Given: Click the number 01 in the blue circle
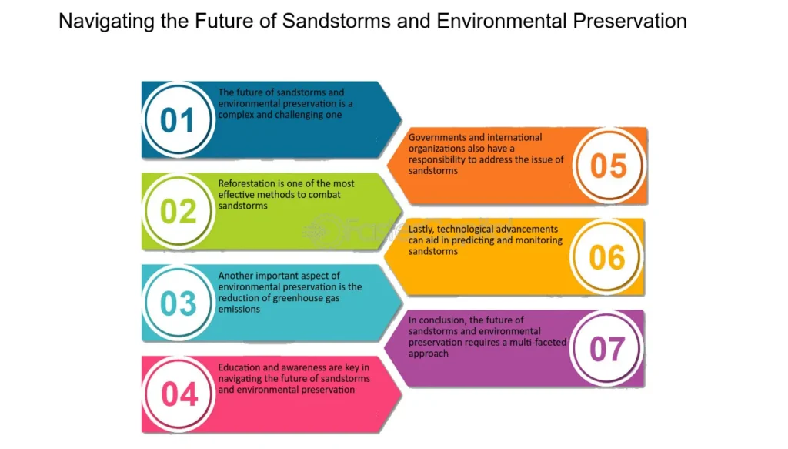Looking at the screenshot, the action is click(177, 120).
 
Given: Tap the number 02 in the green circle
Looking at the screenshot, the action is click(178, 212).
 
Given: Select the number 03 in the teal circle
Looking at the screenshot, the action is click(178, 303).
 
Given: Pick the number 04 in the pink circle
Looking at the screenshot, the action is click(179, 394).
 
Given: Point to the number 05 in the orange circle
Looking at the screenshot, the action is click(608, 166).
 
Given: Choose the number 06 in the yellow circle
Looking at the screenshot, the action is click(607, 257).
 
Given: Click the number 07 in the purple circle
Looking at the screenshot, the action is click(607, 349).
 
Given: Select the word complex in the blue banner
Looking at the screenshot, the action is click(235, 116).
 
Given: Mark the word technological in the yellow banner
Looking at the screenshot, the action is click(466, 230).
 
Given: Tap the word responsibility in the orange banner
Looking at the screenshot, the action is click(437, 160).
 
